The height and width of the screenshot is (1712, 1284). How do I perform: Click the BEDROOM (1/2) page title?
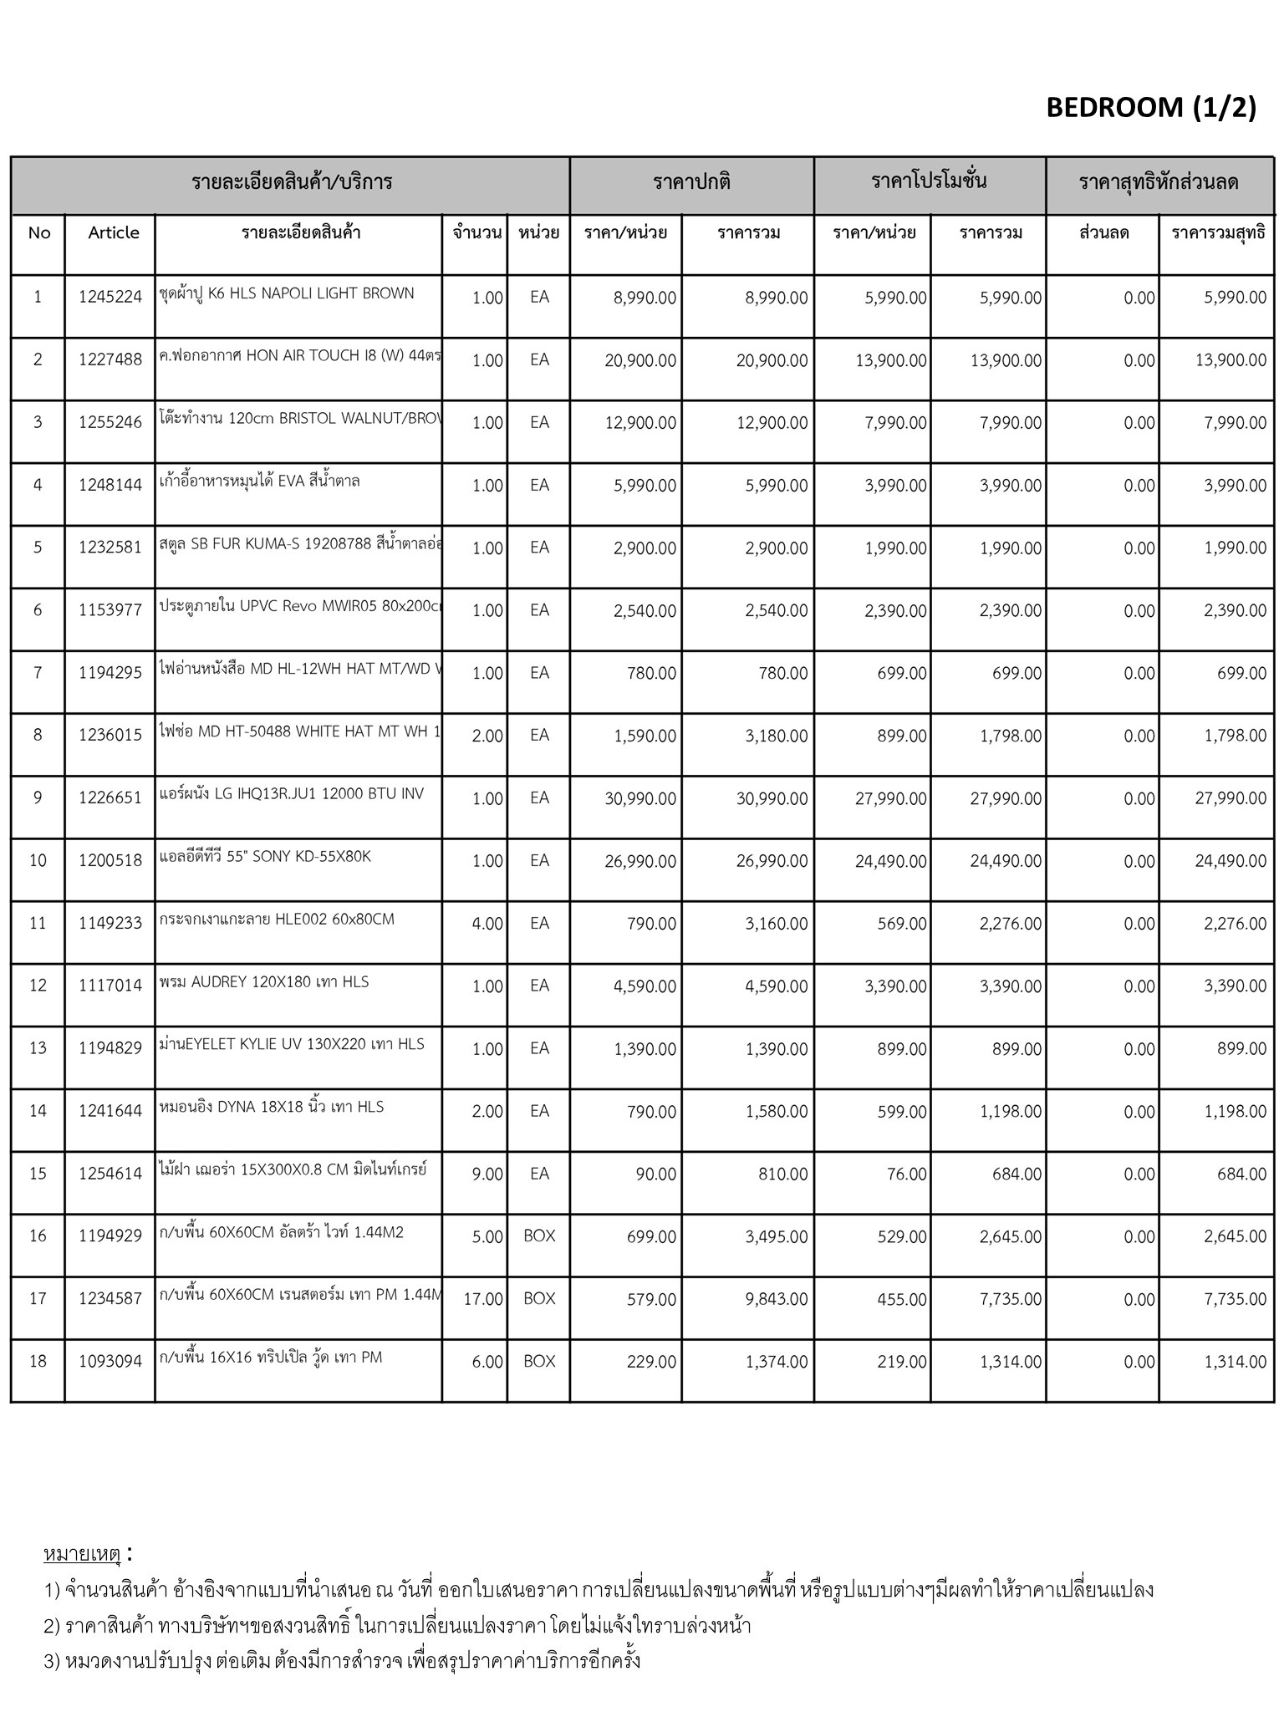click(x=1150, y=108)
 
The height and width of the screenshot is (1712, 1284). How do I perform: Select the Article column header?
click(x=114, y=232)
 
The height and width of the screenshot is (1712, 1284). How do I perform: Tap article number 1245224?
click(x=110, y=297)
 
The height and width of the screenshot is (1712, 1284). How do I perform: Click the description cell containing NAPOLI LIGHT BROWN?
click(x=287, y=293)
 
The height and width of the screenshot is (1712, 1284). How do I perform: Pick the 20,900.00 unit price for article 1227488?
click(x=640, y=360)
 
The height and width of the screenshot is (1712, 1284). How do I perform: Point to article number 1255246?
click(x=110, y=422)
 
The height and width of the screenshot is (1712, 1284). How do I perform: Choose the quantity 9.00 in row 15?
click(x=487, y=1174)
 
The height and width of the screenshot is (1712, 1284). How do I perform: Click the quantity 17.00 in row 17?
click(x=483, y=1299)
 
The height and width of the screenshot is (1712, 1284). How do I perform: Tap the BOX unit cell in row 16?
click(x=539, y=1236)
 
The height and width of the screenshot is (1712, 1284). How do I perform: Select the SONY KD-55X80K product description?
click(x=265, y=856)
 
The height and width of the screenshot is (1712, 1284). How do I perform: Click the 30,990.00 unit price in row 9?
click(x=640, y=798)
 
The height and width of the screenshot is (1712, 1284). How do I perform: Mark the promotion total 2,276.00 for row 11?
click(x=1011, y=924)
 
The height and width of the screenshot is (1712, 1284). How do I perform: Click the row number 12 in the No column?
click(x=38, y=986)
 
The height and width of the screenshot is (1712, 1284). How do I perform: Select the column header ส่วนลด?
click(x=1103, y=232)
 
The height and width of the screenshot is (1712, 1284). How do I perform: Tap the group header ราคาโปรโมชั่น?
click(x=929, y=181)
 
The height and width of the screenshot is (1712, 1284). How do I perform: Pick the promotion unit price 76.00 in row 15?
click(x=907, y=1174)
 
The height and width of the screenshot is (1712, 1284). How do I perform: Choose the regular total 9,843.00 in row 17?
click(x=777, y=1299)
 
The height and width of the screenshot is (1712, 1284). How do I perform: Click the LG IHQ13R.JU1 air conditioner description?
click(x=292, y=793)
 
